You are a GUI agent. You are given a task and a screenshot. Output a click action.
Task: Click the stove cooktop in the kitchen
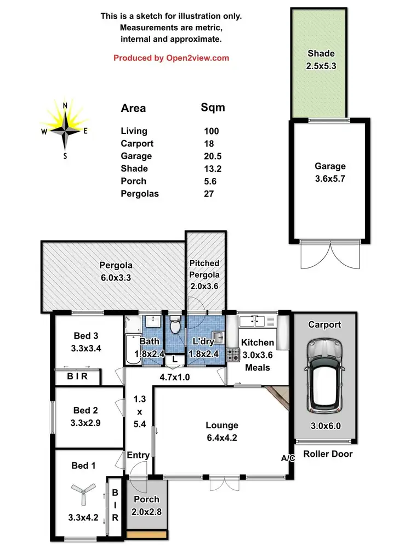233,355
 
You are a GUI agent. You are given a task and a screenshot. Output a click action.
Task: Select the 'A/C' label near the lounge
288,458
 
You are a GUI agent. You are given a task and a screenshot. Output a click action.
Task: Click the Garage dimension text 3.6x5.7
330,178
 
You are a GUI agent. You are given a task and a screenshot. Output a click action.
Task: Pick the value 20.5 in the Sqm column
211,156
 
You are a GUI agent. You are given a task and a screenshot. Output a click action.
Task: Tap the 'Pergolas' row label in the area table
137,193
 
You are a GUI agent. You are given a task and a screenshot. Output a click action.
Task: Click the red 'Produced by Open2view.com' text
171,58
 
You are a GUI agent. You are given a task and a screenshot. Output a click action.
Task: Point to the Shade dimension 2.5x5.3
321,66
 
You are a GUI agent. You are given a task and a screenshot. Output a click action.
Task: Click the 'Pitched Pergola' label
204,269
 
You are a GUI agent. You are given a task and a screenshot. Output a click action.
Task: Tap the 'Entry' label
138,455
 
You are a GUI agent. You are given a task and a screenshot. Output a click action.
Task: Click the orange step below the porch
146,534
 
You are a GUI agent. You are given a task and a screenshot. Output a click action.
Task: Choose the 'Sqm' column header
213,107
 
